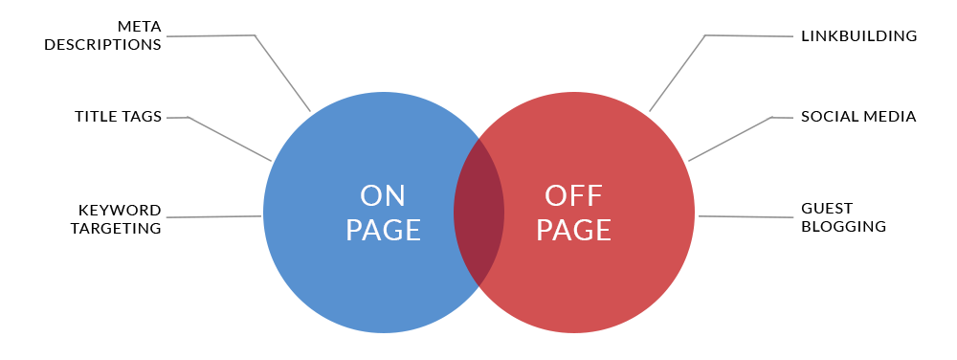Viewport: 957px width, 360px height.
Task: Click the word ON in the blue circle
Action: point(383,196)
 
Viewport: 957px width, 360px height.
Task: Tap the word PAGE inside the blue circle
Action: point(383,231)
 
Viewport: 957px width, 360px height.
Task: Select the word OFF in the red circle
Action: point(573,196)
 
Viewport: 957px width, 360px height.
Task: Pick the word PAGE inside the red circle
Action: point(573,231)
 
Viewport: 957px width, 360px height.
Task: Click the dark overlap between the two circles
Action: point(478,213)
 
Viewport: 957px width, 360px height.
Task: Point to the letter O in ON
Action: point(371,196)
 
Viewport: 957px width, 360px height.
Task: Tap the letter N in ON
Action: point(395,196)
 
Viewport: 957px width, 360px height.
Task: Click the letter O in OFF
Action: point(557,196)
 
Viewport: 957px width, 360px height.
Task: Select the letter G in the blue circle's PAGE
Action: point(392,231)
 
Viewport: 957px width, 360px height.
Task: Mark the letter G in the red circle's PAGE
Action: point(583,231)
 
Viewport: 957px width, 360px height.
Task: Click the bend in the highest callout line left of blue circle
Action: point(256,35)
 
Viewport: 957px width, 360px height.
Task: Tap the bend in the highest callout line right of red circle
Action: point(704,35)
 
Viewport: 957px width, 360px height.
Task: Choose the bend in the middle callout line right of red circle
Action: point(771,118)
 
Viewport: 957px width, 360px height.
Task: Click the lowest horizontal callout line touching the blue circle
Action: point(213,216)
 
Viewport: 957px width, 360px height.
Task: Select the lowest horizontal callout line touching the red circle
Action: point(746,216)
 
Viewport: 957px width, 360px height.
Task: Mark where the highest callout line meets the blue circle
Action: point(311,112)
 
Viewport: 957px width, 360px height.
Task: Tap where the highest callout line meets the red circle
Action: point(649,111)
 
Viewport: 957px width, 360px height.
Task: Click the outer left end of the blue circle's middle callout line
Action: point(167,118)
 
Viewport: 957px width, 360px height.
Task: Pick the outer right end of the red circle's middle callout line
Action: point(792,118)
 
